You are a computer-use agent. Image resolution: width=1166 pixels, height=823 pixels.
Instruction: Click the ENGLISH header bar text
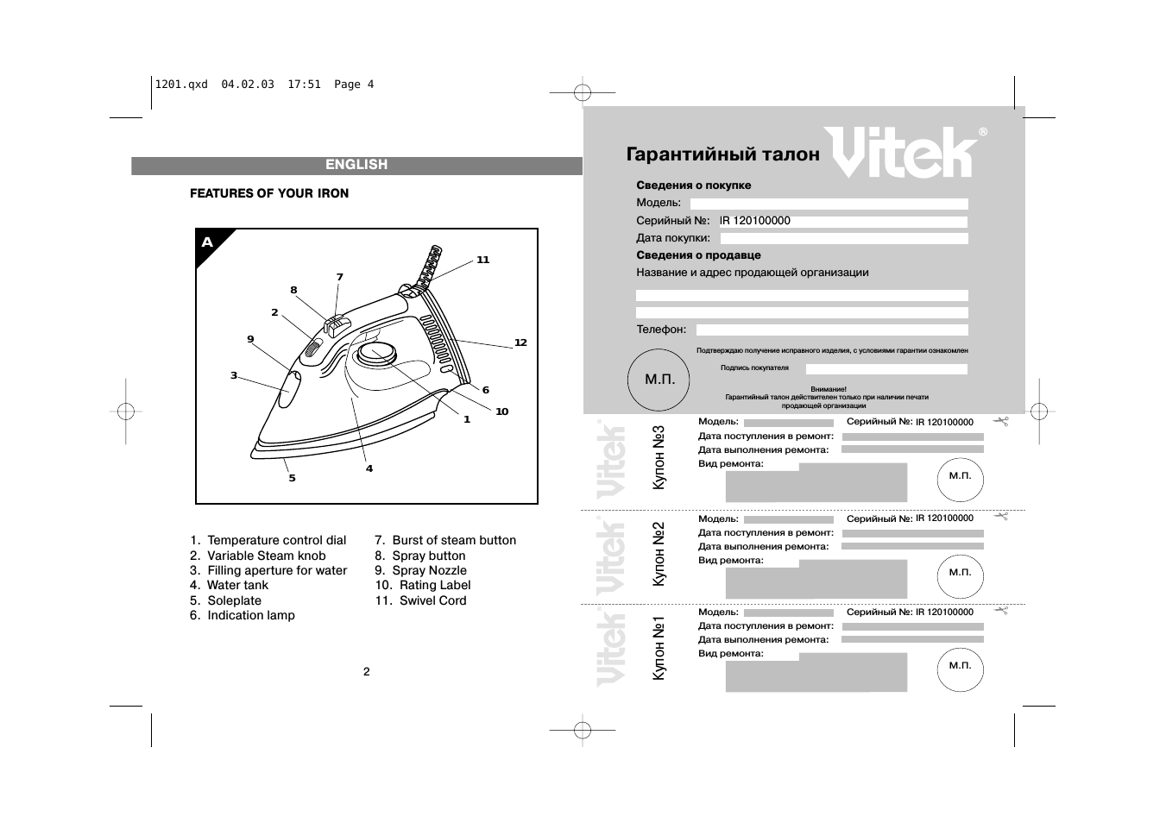356,165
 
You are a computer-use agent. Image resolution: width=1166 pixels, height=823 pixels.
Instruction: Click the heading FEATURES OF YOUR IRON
269,193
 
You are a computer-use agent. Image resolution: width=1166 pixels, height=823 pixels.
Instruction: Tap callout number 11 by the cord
482,260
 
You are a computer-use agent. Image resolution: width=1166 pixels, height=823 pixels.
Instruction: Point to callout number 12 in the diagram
520,342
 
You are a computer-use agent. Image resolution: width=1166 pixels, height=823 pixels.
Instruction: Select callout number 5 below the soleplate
292,478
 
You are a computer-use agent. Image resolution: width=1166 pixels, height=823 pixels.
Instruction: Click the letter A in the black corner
207,242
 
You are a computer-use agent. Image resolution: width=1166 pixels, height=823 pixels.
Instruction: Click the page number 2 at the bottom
366,672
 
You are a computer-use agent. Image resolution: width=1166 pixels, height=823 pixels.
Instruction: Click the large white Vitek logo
900,153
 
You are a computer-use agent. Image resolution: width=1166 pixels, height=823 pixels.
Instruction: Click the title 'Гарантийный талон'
723,154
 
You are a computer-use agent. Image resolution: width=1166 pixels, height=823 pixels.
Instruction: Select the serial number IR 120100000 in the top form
755,221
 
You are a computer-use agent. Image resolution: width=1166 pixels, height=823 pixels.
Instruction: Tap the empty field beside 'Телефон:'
832,330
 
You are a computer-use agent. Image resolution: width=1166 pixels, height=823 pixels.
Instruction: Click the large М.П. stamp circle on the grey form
660,380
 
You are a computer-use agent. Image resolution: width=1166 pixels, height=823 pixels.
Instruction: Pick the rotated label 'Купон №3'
659,458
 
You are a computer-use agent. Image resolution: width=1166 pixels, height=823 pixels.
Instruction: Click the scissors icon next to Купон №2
1001,516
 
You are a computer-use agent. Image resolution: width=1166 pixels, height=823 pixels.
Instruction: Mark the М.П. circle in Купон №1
960,667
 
